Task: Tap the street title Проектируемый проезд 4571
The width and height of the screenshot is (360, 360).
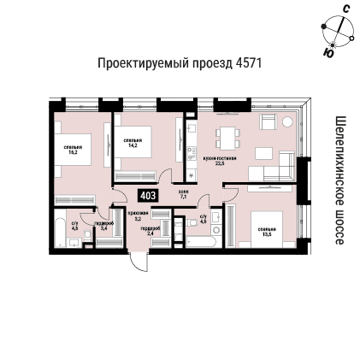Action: tap(180, 63)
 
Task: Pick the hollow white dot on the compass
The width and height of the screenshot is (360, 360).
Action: tap(351, 37)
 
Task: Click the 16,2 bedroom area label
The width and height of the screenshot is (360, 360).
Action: tap(73, 150)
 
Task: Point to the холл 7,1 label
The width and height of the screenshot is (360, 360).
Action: tap(183, 194)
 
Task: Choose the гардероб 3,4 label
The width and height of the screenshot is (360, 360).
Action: tap(103, 227)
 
